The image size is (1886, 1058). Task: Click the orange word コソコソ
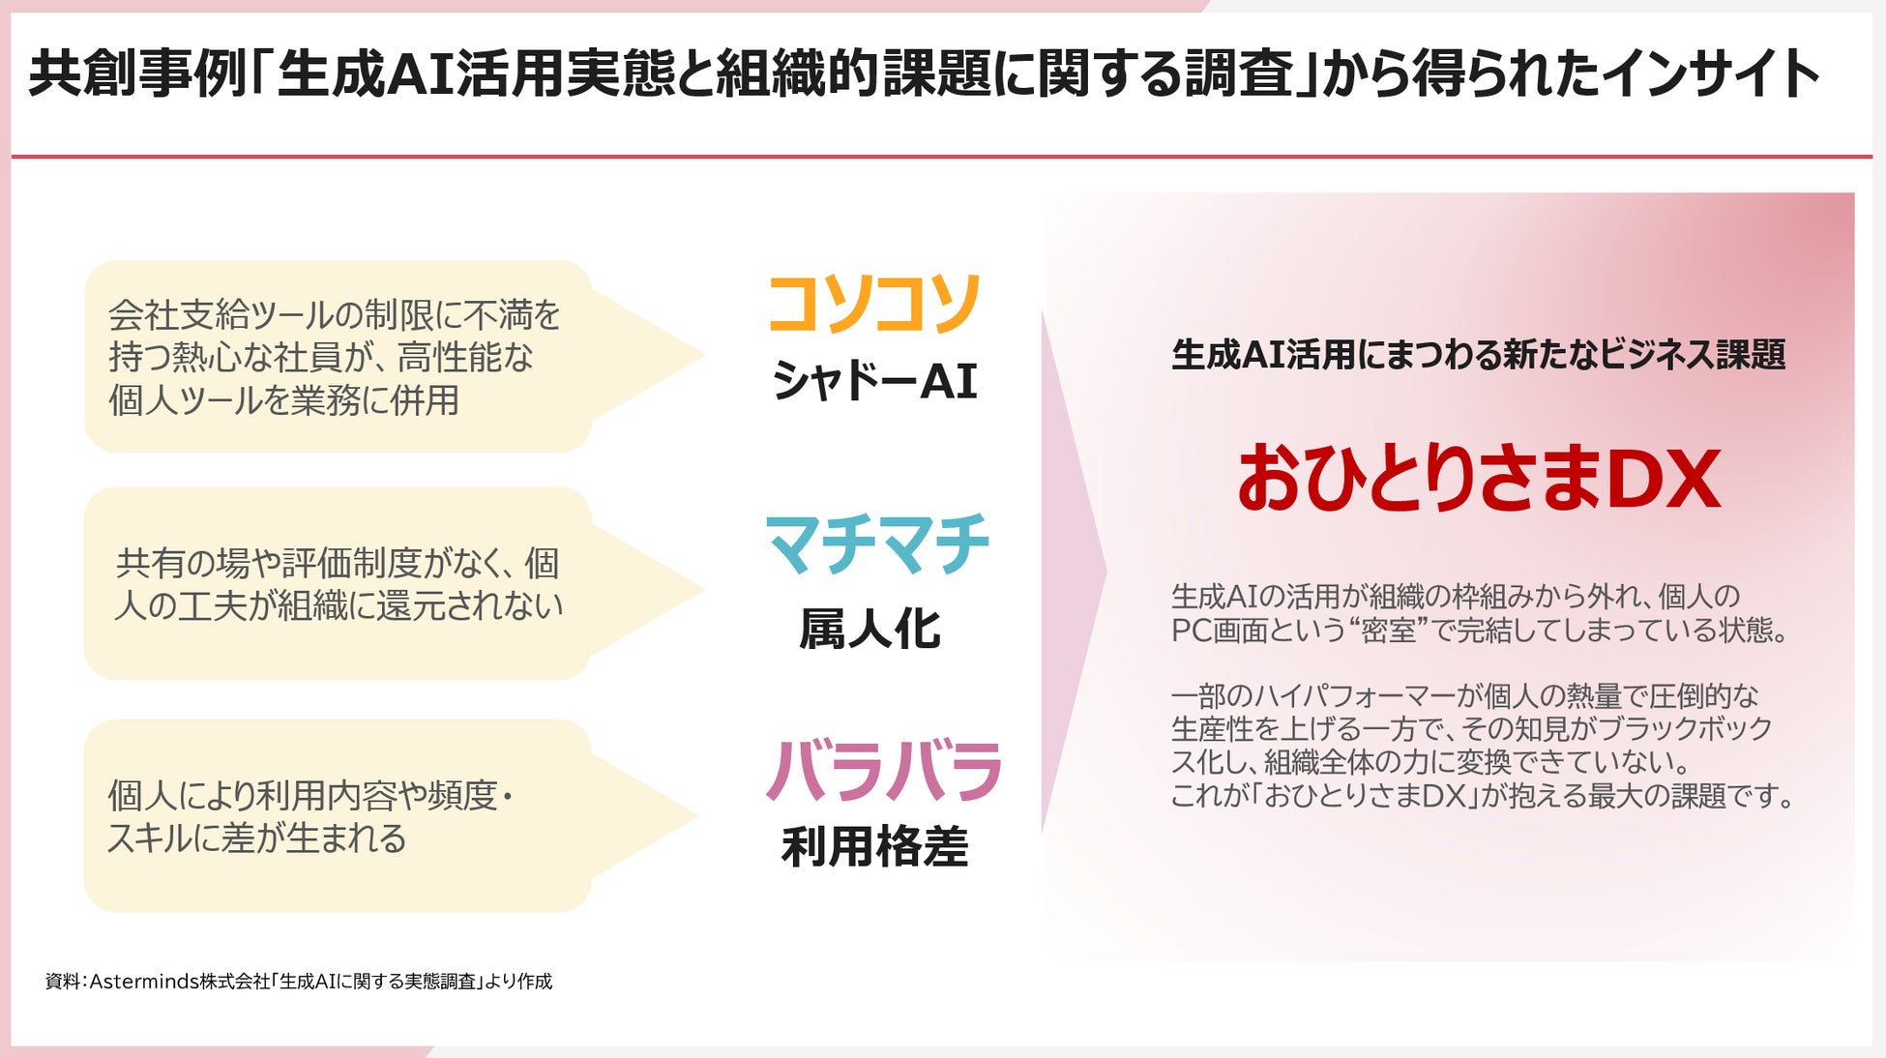pos(873,304)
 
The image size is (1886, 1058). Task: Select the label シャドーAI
pos(873,381)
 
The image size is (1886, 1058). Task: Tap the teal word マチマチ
pos(877,544)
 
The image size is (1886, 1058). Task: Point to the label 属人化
pos(869,630)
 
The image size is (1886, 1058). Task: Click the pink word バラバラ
pos(883,771)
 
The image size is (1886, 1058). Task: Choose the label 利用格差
pos(874,847)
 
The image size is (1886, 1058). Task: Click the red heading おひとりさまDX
pos(1478,479)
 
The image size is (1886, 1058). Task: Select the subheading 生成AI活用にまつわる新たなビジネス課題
pos(1478,355)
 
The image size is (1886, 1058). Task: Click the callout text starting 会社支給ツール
pos(334,357)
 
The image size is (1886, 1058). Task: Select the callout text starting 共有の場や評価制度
pos(338,584)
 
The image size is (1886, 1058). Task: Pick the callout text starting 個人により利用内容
pos(309,816)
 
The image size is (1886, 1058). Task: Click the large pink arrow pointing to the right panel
pos(1074,571)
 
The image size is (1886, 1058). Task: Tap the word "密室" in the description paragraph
pos(1387,631)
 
